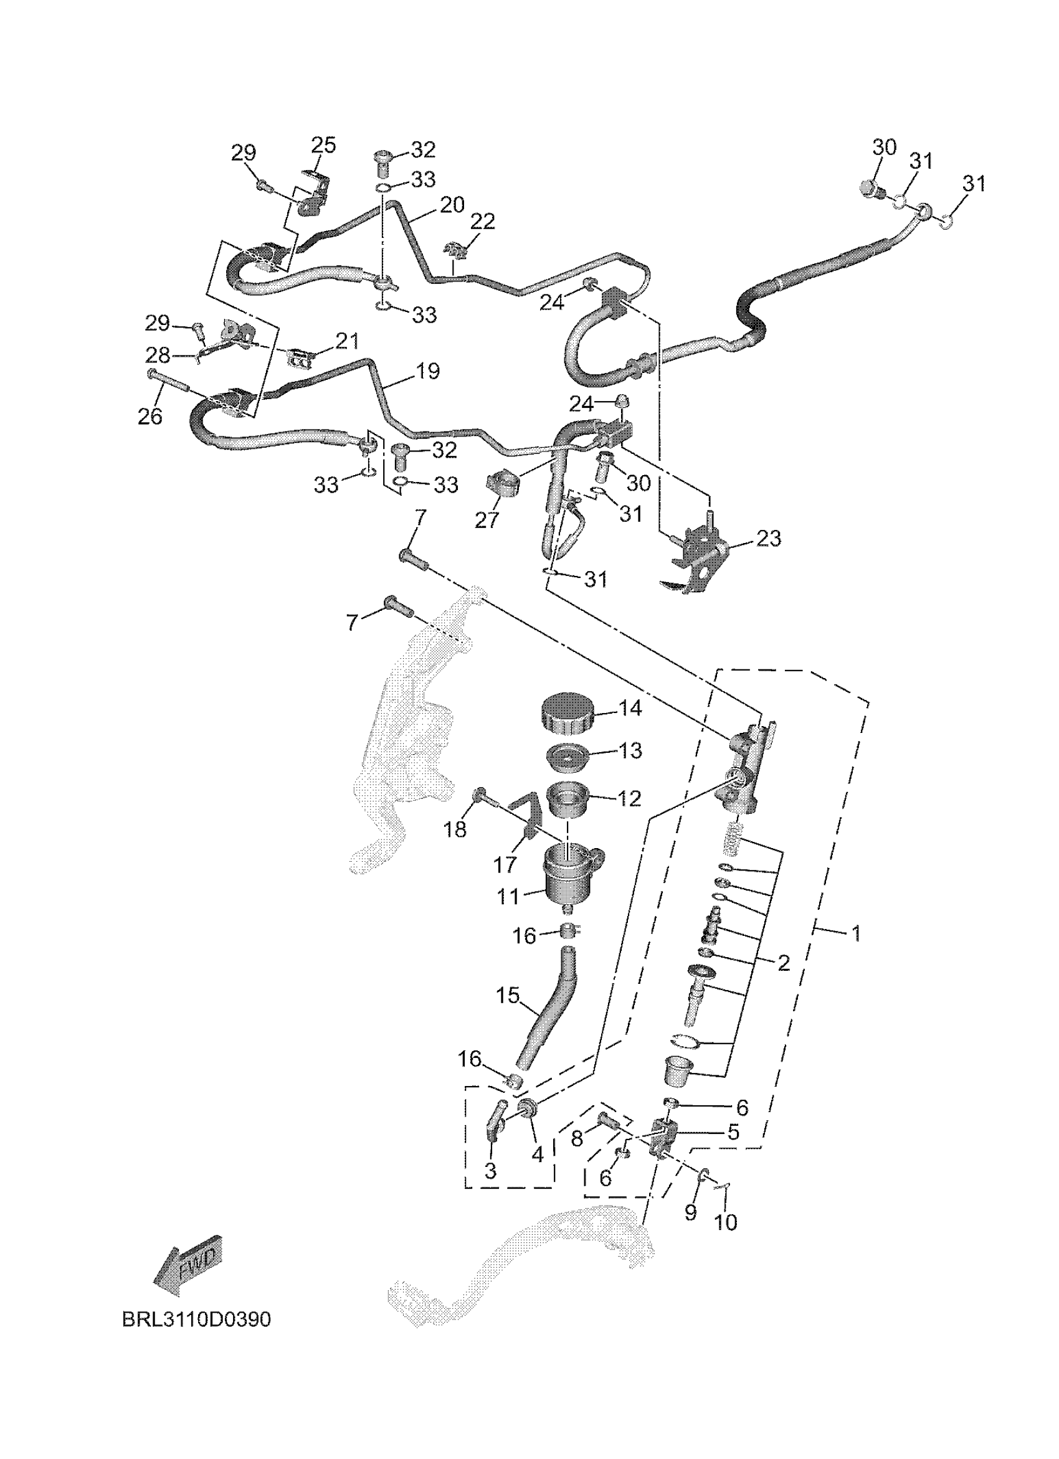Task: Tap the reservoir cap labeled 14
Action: click(566, 712)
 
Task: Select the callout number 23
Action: click(768, 538)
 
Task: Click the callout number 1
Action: click(856, 933)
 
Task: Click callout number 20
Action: click(452, 205)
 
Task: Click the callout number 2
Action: click(783, 963)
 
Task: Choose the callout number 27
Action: click(487, 519)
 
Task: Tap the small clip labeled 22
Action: click(455, 248)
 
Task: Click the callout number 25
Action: click(324, 145)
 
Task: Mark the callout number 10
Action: click(726, 1222)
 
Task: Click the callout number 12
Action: click(629, 798)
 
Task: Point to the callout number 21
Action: click(347, 340)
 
